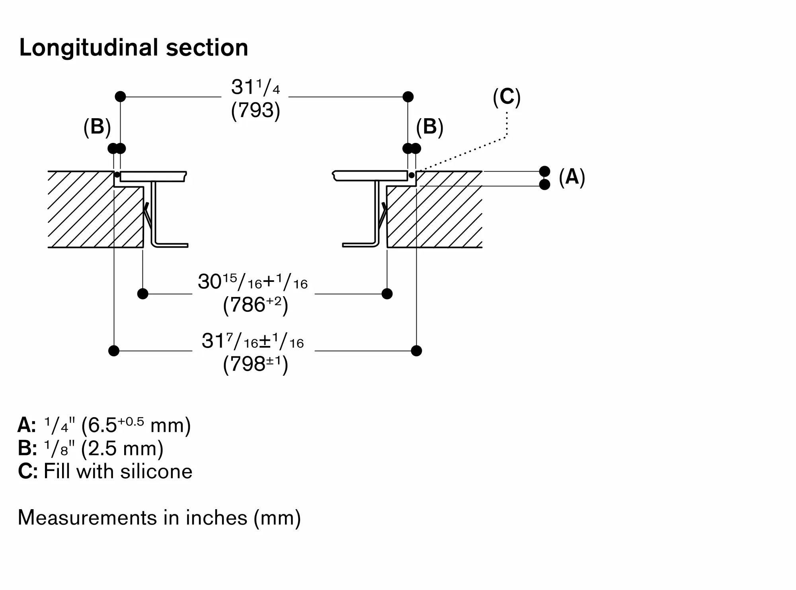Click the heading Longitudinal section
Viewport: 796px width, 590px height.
[x=134, y=48]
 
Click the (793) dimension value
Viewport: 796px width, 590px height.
[x=256, y=110]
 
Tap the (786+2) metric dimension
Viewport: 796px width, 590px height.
[x=256, y=305]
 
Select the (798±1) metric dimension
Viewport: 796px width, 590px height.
[x=256, y=364]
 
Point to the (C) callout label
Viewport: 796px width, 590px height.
[x=507, y=97]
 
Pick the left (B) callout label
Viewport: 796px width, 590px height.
[x=97, y=127]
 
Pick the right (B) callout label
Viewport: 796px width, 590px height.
[x=430, y=127]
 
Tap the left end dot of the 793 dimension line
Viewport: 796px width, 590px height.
[x=120, y=97]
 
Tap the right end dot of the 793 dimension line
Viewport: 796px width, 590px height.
[x=408, y=97]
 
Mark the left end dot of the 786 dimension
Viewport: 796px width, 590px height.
[x=142, y=294]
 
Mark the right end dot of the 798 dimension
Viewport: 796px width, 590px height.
[x=416, y=351]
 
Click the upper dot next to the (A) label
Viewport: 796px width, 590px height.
[x=544, y=172]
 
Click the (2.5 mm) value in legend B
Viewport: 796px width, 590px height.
[x=122, y=449]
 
